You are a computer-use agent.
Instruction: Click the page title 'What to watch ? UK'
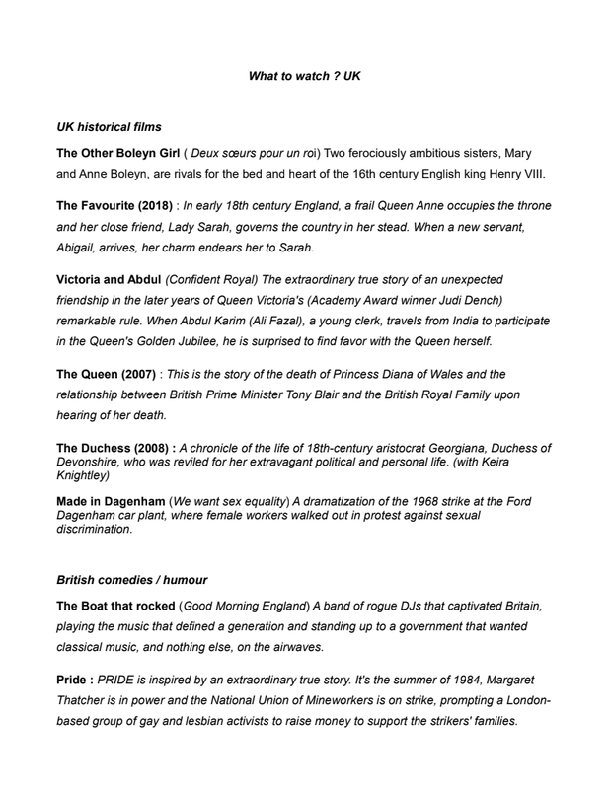(x=305, y=74)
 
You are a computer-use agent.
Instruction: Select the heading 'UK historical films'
(x=109, y=127)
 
